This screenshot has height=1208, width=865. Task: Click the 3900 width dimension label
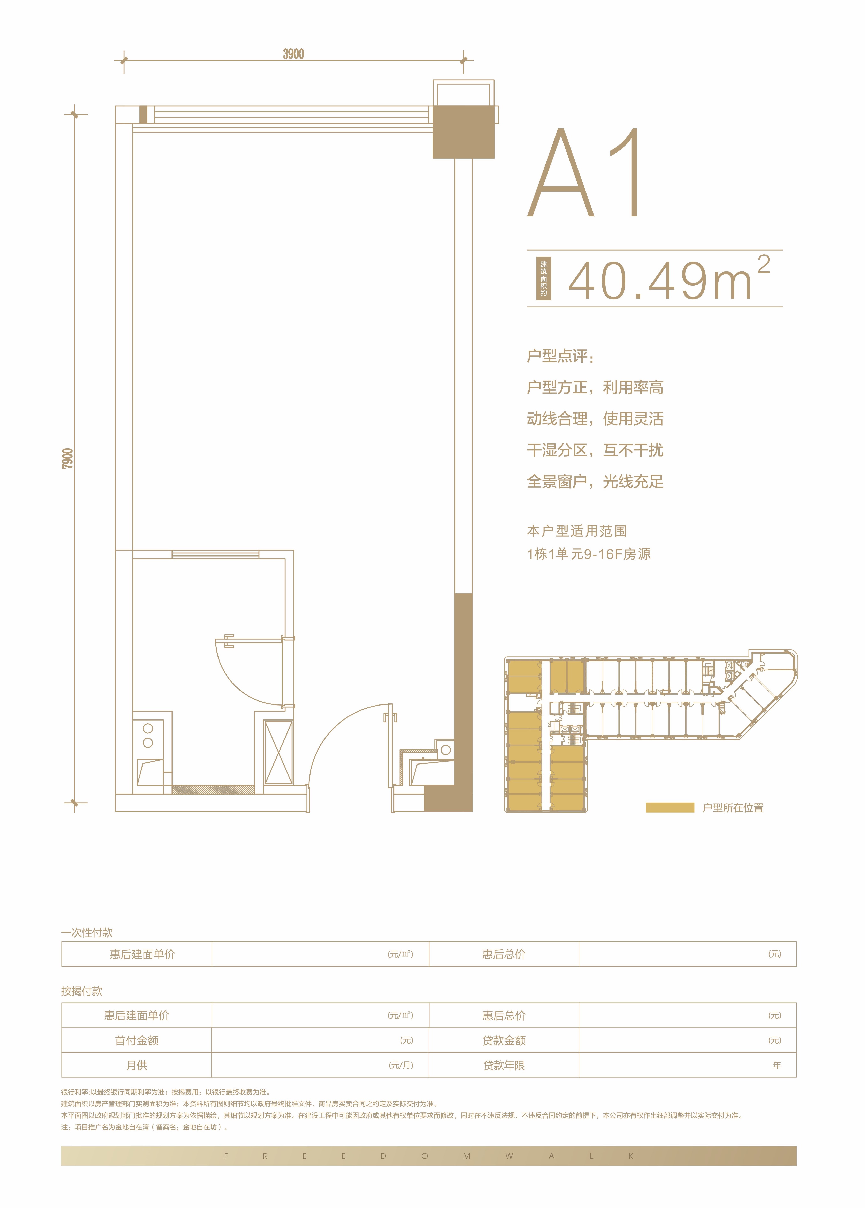point(293,54)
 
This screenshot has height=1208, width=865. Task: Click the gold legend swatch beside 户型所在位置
point(670,807)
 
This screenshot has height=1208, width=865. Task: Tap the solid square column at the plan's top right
point(463,132)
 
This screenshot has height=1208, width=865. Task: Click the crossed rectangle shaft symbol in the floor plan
point(278,753)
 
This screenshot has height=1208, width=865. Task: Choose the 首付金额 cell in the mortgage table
point(137,1040)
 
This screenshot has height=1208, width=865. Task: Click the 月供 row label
point(137,1065)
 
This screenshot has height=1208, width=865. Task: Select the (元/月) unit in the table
point(401,1065)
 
